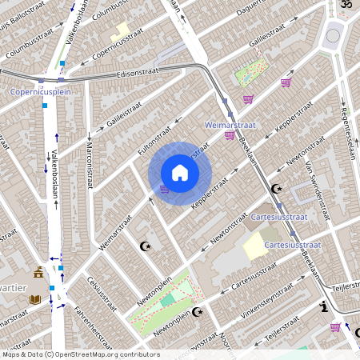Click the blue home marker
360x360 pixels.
click(x=180, y=173)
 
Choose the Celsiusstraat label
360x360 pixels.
click(x=103, y=294)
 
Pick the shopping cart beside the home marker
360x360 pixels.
click(x=165, y=189)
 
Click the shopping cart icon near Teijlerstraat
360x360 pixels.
click(x=334, y=326)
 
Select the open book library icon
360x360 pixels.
click(x=35, y=299)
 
